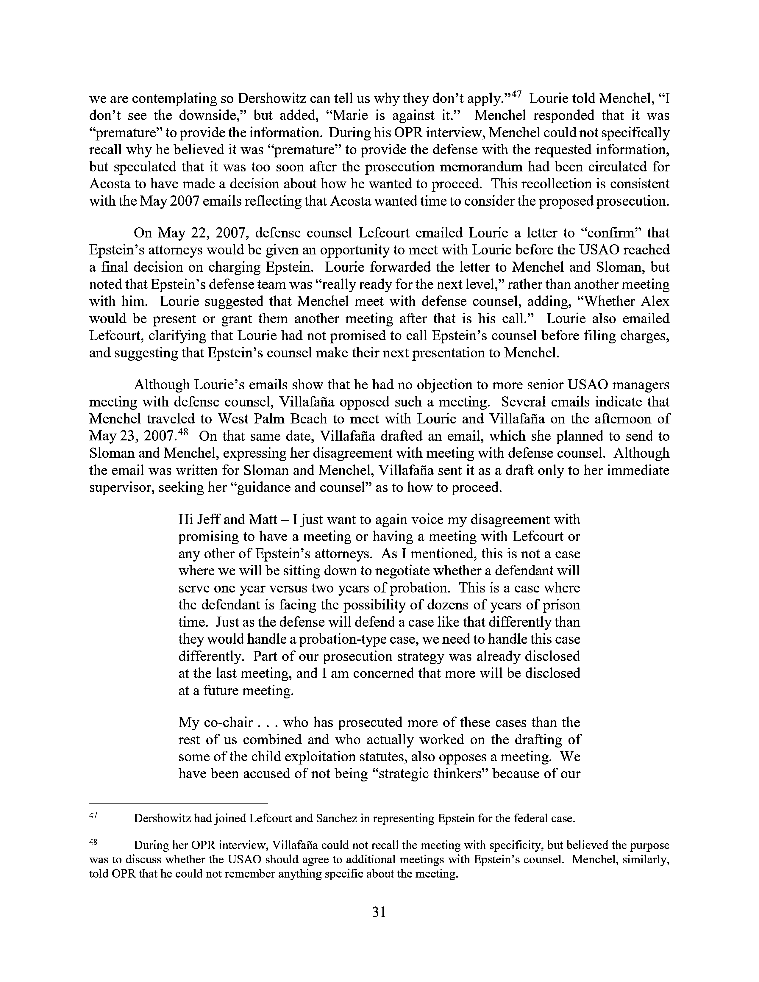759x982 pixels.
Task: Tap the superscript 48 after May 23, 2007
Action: pos(181,433)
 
